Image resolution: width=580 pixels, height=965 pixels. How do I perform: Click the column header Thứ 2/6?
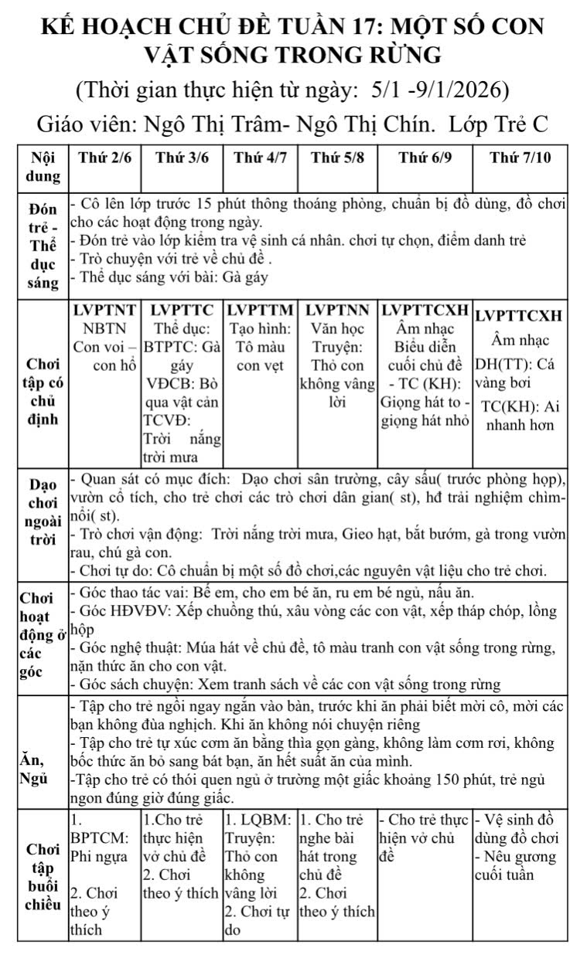(x=105, y=158)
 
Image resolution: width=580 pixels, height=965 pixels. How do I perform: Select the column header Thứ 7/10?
(x=520, y=158)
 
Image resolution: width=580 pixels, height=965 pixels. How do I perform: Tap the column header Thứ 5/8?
(x=337, y=158)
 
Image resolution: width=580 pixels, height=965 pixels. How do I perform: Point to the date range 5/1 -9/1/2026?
(x=440, y=90)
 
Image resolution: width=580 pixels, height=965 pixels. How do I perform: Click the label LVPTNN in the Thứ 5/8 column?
(x=337, y=311)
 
